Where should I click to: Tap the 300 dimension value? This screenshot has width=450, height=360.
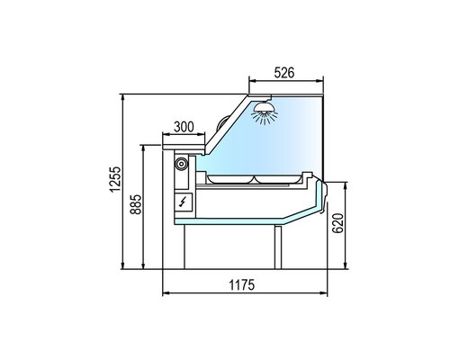184,128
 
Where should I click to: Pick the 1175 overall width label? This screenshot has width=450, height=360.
244,285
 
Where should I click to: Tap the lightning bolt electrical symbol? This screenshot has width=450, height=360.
183,202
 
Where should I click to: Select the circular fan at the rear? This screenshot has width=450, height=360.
182,165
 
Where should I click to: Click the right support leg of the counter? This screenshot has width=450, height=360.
280,243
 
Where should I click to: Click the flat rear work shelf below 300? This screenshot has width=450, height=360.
184,141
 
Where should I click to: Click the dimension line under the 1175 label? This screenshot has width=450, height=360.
244,294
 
